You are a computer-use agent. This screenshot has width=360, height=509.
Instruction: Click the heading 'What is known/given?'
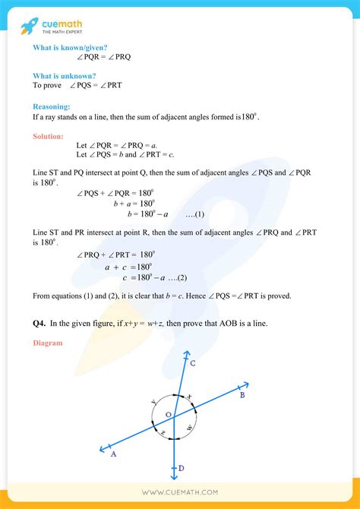(65, 48)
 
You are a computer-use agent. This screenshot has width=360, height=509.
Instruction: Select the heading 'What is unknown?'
(64, 75)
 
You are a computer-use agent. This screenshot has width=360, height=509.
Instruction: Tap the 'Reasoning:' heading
(52, 107)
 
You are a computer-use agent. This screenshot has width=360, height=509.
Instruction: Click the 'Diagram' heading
(48, 343)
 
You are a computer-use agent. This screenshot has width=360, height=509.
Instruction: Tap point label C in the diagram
(193, 365)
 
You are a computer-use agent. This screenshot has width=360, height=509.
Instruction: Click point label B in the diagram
(242, 395)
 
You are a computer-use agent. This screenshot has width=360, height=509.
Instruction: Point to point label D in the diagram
(182, 468)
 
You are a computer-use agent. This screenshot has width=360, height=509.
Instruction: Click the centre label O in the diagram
(168, 413)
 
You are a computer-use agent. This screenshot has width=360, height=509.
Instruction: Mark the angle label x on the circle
(189, 397)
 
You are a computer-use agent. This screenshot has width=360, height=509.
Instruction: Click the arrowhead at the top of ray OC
(186, 353)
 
